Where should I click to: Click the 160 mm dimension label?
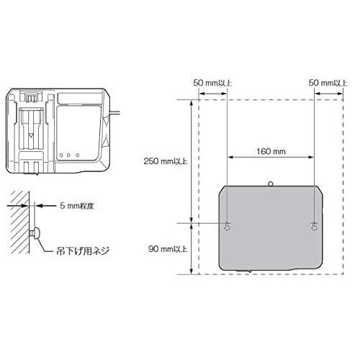point(271,151)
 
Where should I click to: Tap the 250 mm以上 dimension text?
point(166,161)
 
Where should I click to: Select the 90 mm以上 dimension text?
point(168,249)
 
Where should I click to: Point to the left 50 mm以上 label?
point(212,83)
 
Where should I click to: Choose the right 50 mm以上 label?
point(328,83)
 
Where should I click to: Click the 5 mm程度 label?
point(77,206)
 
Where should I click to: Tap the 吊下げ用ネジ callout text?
point(83,251)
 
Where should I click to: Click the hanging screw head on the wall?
point(37,233)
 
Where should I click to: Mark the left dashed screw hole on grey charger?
point(227,227)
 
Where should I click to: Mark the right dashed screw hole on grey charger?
point(314,227)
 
